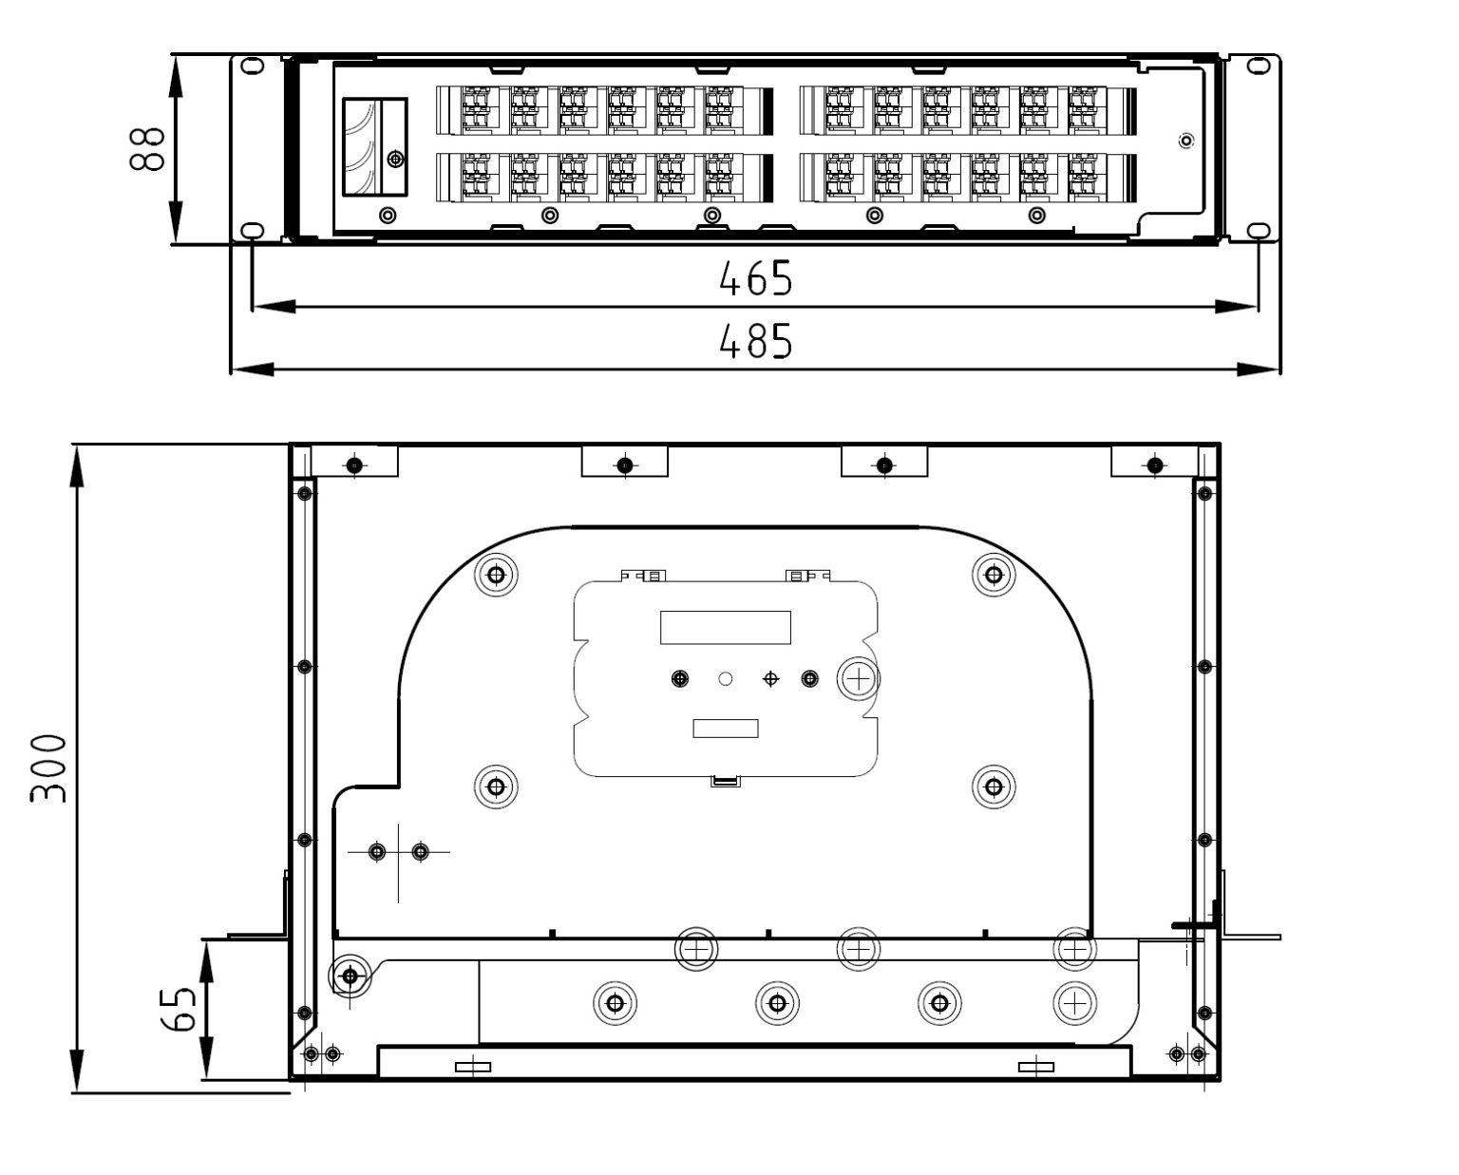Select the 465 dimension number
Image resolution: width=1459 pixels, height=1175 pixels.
point(755,278)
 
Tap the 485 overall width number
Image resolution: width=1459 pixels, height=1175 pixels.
point(755,342)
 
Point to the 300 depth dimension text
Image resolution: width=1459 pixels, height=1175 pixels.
point(48,768)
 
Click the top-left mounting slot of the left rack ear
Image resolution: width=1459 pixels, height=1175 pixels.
point(252,66)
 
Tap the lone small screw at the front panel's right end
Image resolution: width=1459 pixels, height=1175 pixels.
point(1185,142)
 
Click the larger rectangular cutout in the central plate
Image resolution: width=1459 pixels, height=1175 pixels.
point(726,627)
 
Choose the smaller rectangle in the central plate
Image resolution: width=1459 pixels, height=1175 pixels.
point(726,729)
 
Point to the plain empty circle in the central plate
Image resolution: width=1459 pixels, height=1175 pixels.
point(726,679)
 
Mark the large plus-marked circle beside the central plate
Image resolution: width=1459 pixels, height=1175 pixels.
point(858,678)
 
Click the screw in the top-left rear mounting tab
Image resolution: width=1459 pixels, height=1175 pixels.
point(354,464)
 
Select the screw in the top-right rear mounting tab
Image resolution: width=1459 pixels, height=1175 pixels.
point(1155,464)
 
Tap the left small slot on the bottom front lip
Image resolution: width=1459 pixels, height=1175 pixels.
point(473,1067)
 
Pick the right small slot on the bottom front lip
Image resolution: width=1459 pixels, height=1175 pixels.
point(1035,1067)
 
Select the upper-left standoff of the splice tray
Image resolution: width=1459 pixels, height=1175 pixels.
point(496,574)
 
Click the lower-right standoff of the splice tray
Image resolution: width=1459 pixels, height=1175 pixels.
point(994,786)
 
